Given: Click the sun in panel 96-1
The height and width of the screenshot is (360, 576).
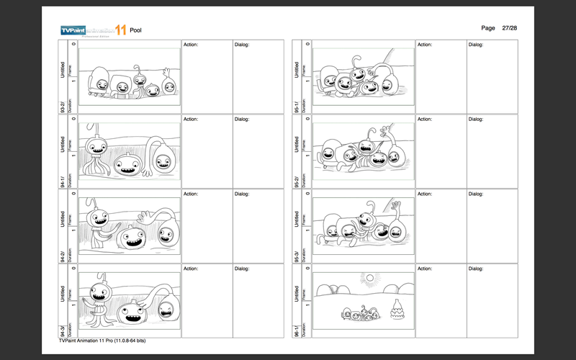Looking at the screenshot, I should tap(370, 277).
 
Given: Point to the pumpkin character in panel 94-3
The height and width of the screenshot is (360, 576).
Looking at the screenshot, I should tap(131, 312).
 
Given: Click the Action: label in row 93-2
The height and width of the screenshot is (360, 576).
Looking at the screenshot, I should tap(191, 45).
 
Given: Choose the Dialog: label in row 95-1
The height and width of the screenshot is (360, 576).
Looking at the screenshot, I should tap(476, 45).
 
